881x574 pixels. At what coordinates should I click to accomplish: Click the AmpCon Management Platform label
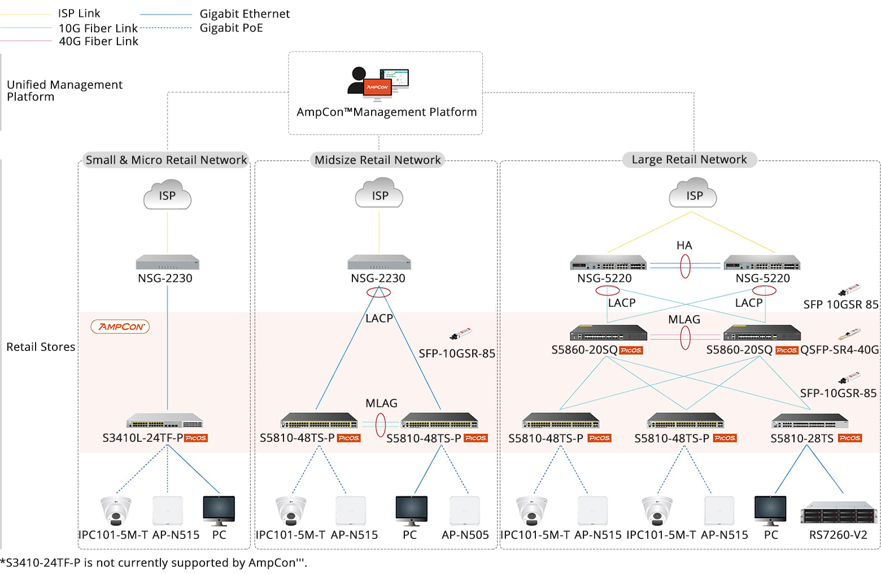386,112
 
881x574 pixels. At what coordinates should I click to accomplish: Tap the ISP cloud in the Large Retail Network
694,194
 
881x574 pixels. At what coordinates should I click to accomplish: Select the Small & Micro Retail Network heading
166,160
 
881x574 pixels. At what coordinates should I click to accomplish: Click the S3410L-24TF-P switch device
164,421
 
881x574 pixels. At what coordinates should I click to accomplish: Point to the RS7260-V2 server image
838,512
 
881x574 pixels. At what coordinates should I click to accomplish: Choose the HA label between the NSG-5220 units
684,245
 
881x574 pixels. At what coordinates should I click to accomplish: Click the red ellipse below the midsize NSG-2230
378,292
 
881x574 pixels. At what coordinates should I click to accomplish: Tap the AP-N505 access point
465,511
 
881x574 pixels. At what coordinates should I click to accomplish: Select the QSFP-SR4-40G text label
839,350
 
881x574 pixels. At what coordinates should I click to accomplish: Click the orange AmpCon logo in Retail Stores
120,327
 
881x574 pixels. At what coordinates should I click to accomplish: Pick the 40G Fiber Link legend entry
98,41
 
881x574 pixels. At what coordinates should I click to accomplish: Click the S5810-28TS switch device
810,421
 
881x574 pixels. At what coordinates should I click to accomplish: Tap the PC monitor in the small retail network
219,510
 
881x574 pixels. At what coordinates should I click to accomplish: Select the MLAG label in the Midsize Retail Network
381,403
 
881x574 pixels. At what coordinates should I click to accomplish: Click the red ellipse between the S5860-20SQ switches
685,338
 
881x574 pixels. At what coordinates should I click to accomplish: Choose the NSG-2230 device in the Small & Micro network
167,263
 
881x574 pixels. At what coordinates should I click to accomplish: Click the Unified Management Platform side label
64,90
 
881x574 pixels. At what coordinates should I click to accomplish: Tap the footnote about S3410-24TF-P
154,563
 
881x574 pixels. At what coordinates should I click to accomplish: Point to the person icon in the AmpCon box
357,80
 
